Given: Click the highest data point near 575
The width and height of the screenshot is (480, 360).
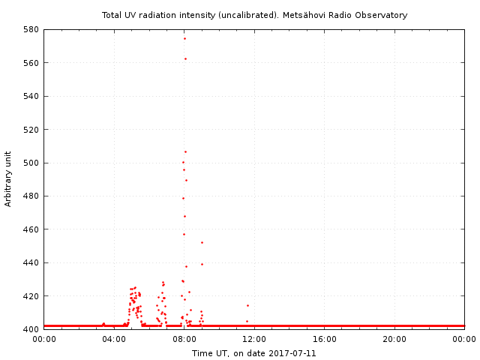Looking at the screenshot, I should click(x=184, y=38).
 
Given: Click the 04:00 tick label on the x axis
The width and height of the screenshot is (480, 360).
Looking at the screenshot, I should click(x=114, y=339).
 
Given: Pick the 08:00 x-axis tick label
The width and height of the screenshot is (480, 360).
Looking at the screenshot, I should click(x=184, y=339).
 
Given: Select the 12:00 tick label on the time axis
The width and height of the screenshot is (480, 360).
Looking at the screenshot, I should click(x=254, y=339).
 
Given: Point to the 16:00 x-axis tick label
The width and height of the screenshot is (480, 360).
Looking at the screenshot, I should click(x=325, y=339).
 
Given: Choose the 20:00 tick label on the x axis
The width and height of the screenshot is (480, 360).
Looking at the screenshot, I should click(x=394, y=339).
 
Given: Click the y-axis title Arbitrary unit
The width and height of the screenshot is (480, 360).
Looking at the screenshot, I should click(x=8, y=179).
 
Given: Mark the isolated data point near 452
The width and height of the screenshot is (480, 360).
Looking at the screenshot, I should click(x=202, y=242).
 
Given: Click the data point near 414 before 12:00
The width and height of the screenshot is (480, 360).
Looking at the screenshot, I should click(x=247, y=305).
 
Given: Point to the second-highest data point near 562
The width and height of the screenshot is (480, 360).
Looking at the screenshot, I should click(x=185, y=58).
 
